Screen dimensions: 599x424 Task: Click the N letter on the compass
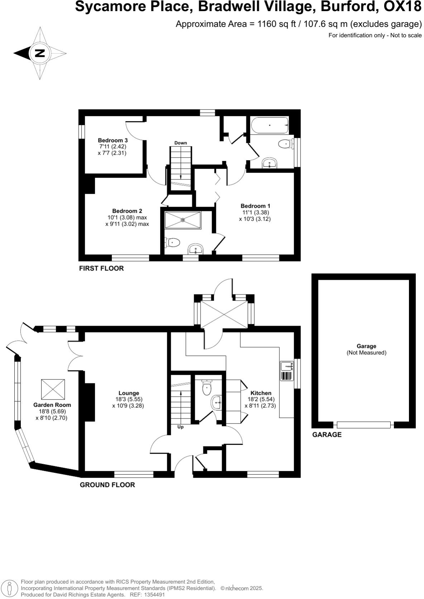click(39, 53)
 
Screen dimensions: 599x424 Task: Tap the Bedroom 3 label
click(113, 140)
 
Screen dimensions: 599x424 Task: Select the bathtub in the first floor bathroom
click(269, 125)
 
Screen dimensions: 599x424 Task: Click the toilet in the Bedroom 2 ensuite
click(172, 243)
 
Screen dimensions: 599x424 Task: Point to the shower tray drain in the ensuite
click(183, 220)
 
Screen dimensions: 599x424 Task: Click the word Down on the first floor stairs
click(180, 143)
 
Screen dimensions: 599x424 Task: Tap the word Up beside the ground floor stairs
click(180, 427)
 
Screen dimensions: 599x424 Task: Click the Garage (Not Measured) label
click(366, 349)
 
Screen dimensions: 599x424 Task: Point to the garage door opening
click(363, 425)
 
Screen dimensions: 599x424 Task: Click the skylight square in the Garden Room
click(53, 389)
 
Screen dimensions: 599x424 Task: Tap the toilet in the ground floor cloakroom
click(207, 388)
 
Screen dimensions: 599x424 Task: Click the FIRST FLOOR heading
click(101, 268)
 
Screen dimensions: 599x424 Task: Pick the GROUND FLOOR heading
click(107, 485)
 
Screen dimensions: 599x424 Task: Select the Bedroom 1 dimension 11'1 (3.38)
click(255, 212)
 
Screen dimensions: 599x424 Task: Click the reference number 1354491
click(155, 594)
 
